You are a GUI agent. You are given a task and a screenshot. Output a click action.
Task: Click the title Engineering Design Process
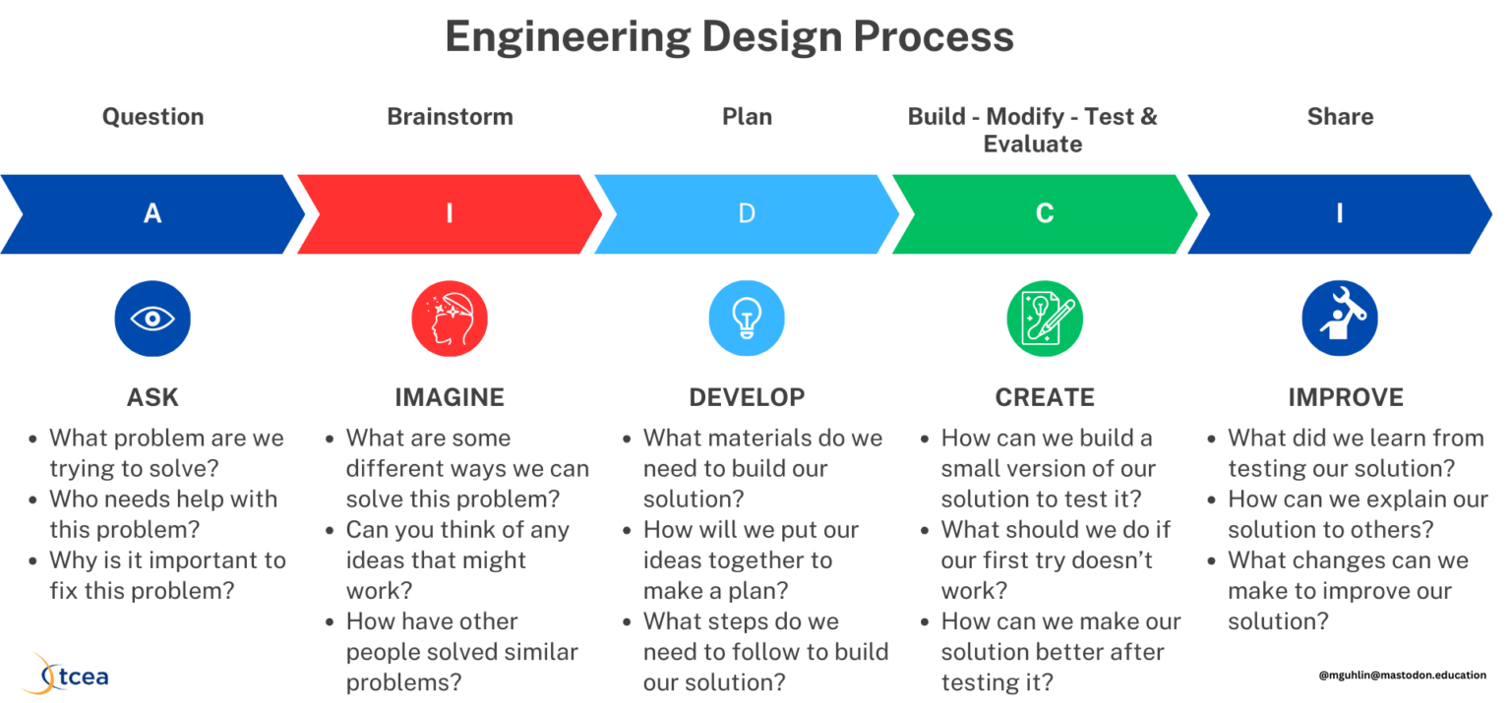(x=729, y=37)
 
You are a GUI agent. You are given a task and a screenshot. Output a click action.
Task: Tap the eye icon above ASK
(x=152, y=319)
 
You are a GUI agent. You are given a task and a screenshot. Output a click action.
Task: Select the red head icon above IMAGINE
(x=450, y=319)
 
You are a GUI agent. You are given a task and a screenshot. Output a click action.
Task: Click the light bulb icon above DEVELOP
(x=747, y=319)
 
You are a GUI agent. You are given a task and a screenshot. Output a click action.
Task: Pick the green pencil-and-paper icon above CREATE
(x=1045, y=319)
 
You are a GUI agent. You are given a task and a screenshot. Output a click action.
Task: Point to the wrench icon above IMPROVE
(x=1340, y=319)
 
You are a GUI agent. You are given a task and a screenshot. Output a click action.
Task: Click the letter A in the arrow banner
(x=152, y=213)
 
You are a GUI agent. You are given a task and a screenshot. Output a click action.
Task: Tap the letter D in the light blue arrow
(x=747, y=213)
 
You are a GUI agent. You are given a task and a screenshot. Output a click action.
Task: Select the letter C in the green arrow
(x=1045, y=213)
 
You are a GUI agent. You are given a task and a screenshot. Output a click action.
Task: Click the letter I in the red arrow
(x=450, y=213)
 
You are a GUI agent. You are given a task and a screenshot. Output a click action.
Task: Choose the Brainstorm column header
(x=450, y=116)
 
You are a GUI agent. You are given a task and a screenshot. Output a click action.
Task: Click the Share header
(x=1340, y=116)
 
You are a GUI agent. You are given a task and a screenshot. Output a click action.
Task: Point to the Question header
(x=152, y=116)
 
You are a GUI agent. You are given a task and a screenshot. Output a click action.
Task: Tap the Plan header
(x=747, y=116)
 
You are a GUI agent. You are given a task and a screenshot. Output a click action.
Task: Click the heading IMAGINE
(x=450, y=397)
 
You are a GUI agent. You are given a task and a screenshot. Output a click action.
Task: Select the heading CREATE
(x=1045, y=397)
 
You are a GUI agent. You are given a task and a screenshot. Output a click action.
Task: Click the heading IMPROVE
(x=1346, y=397)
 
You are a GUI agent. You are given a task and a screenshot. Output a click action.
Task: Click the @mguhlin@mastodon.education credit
(x=1402, y=675)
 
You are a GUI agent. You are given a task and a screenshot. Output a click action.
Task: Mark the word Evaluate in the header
(x=1032, y=144)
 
